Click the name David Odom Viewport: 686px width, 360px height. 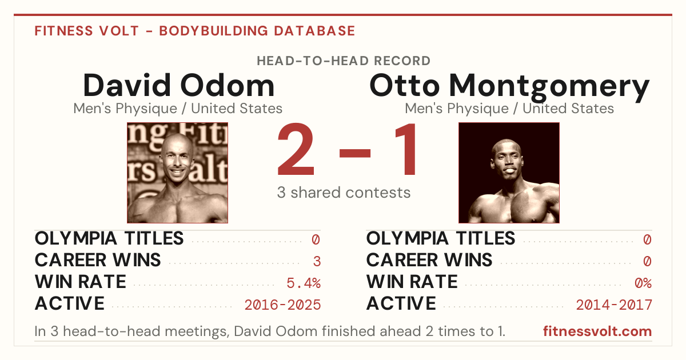pos(178,85)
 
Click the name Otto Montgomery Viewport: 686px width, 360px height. pos(509,87)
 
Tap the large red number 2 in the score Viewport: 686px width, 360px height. pos(296,149)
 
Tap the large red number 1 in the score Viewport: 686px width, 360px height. pos(405,149)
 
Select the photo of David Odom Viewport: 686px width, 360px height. pos(178,173)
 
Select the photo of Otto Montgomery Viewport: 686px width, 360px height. pos(509,173)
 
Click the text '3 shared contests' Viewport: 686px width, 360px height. pos(344,193)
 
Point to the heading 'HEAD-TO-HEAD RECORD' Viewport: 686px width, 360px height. pos(344,61)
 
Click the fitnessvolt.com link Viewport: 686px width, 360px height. pos(597,331)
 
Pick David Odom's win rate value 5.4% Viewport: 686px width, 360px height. pos(304,283)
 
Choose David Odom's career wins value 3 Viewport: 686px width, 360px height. pos(317,262)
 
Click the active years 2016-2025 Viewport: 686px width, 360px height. pos(282,305)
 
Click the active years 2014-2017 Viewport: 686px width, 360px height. pos(614,305)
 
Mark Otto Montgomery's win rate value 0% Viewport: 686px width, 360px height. pos(643,283)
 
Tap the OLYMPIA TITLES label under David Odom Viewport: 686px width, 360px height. pos(109,238)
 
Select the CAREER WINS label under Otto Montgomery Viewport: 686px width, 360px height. pos(429,260)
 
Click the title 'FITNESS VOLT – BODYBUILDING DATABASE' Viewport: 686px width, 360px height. pos(195,31)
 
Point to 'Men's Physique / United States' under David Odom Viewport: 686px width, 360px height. pos(178,109)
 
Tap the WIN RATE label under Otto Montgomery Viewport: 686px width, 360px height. pos(412,282)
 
